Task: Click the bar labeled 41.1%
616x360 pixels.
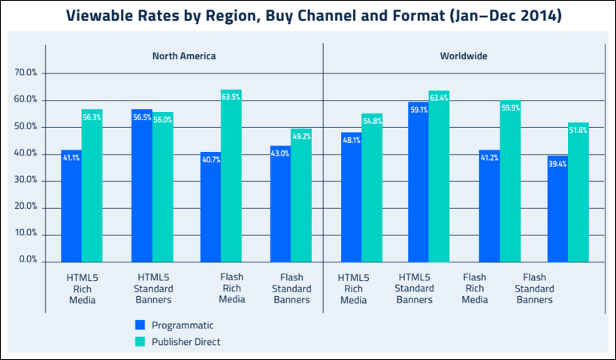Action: (71, 206)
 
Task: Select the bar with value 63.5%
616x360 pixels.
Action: (231, 177)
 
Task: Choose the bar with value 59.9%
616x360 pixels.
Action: (510, 181)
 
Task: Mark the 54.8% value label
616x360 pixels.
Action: (372, 121)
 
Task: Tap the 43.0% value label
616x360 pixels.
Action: (280, 153)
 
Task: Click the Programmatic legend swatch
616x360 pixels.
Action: (139, 325)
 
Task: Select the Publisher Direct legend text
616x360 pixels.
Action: (186, 342)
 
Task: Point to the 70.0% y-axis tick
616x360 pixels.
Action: (26, 73)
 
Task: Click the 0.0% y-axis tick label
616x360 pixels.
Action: (29, 260)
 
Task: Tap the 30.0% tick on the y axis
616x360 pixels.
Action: (26, 180)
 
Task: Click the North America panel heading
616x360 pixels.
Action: (183, 56)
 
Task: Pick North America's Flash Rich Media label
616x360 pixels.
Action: (232, 288)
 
